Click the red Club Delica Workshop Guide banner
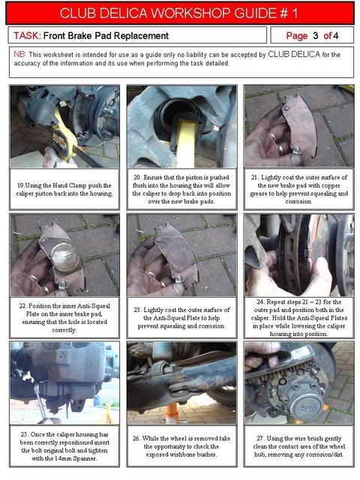[180, 13]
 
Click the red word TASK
[27, 36]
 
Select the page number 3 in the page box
[315, 36]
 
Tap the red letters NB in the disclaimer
[20, 55]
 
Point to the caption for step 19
[64, 190]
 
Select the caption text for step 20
[181, 190]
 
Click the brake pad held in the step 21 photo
[298, 125]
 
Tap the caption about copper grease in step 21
[298, 190]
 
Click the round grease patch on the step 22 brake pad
[64, 256]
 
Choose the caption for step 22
[64, 318]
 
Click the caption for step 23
[181, 318]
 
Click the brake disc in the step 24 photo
[294, 254]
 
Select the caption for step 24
[298, 318]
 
